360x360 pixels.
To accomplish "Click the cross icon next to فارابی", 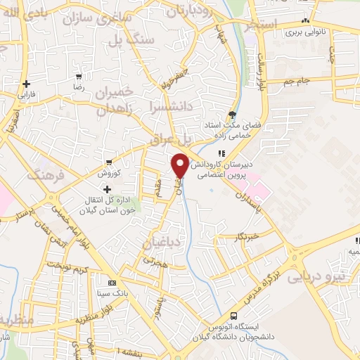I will click(26, 83).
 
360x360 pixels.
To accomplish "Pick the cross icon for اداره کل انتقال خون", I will click(107, 189).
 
